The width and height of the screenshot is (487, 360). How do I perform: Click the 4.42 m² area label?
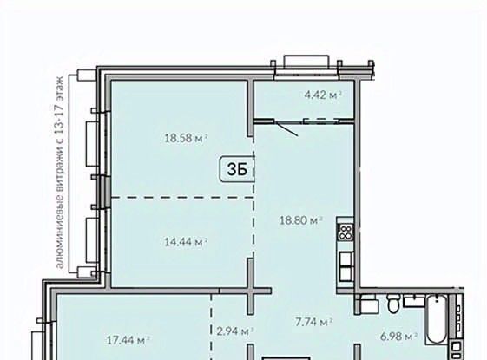tap(323, 95)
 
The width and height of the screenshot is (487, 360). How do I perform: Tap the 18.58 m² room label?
tap(186, 138)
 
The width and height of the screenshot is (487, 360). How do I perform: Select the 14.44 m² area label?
tap(186, 242)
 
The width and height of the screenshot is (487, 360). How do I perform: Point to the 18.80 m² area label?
tap(301, 220)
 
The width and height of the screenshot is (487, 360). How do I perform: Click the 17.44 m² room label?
tap(128, 340)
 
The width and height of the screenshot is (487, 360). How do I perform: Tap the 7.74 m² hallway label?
tap(313, 322)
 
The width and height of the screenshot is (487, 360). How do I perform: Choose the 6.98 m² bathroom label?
tap(398, 336)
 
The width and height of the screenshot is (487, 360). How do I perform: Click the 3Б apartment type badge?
tap(237, 169)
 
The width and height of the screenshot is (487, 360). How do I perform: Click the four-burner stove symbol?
tap(346, 232)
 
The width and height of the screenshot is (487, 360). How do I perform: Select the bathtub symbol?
tap(437, 320)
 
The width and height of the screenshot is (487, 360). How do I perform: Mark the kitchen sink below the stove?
tap(346, 266)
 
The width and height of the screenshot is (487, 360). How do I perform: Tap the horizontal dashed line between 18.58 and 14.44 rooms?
tap(182, 198)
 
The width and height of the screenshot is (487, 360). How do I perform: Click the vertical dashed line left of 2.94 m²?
tap(212, 327)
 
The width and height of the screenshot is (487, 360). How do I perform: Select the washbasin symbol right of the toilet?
tap(414, 301)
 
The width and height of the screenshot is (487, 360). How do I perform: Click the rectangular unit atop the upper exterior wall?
tap(306, 61)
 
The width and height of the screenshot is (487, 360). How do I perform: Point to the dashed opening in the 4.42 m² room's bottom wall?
tap(321, 121)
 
